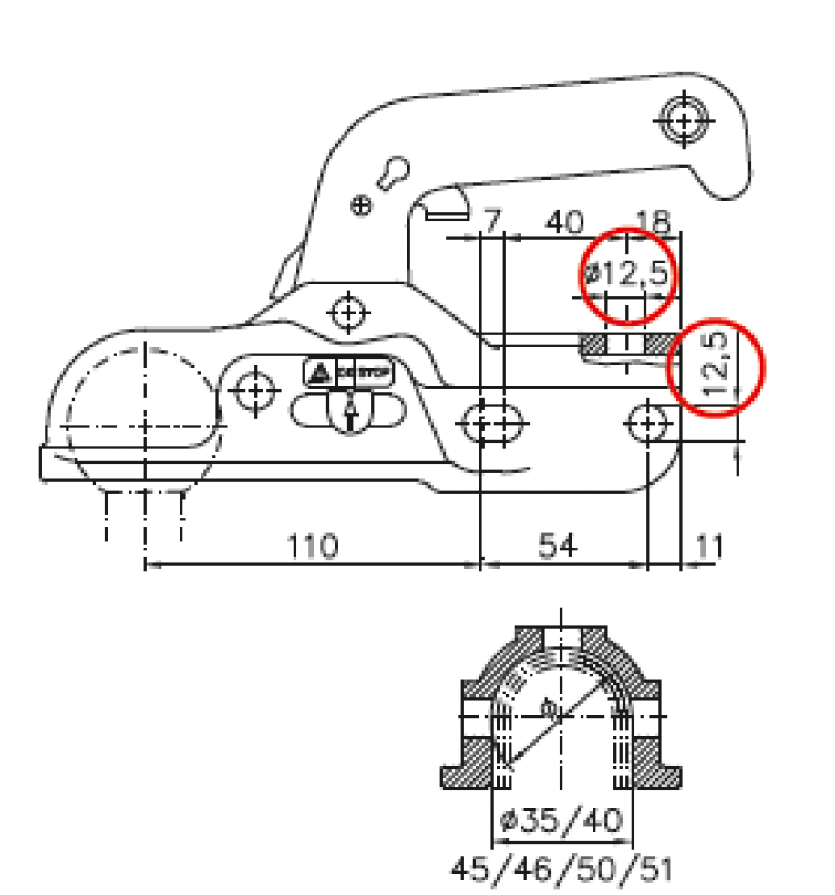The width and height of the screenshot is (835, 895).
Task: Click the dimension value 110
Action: [x=314, y=546]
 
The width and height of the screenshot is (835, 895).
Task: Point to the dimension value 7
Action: [x=491, y=221]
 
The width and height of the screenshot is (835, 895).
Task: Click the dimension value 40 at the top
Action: [x=565, y=221]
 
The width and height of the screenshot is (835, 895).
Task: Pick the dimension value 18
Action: [x=654, y=221]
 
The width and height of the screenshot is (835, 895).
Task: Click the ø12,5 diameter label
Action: [x=627, y=273]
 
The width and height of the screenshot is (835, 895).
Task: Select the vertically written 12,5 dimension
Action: [x=718, y=365]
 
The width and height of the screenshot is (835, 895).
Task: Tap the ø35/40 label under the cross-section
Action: [x=563, y=820]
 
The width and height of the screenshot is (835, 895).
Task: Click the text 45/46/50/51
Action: [x=562, y=868]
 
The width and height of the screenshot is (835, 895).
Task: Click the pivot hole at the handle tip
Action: [x=682, y=119]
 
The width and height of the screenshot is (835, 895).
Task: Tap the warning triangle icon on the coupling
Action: [x=319, y=372]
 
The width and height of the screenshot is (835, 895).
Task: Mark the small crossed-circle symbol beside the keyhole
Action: [x=362, y=207]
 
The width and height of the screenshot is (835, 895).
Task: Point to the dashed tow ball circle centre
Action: [x=145, y=426]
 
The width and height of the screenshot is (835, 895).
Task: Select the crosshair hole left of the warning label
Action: [x=255, y=393]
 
